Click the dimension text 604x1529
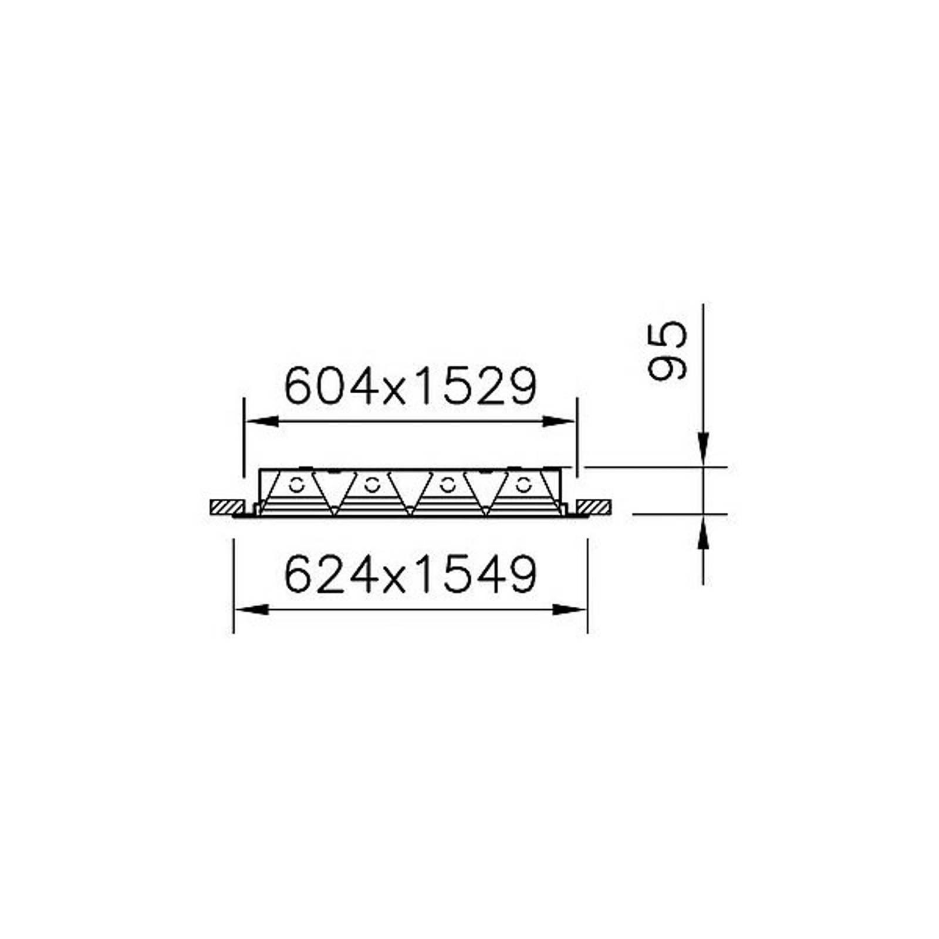pos(410,386)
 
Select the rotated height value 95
pos(667,351)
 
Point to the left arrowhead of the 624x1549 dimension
pos(252,610)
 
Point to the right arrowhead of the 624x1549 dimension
pos(570,610)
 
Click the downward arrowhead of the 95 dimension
pos(703,450)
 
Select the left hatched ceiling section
pos(228,507)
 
